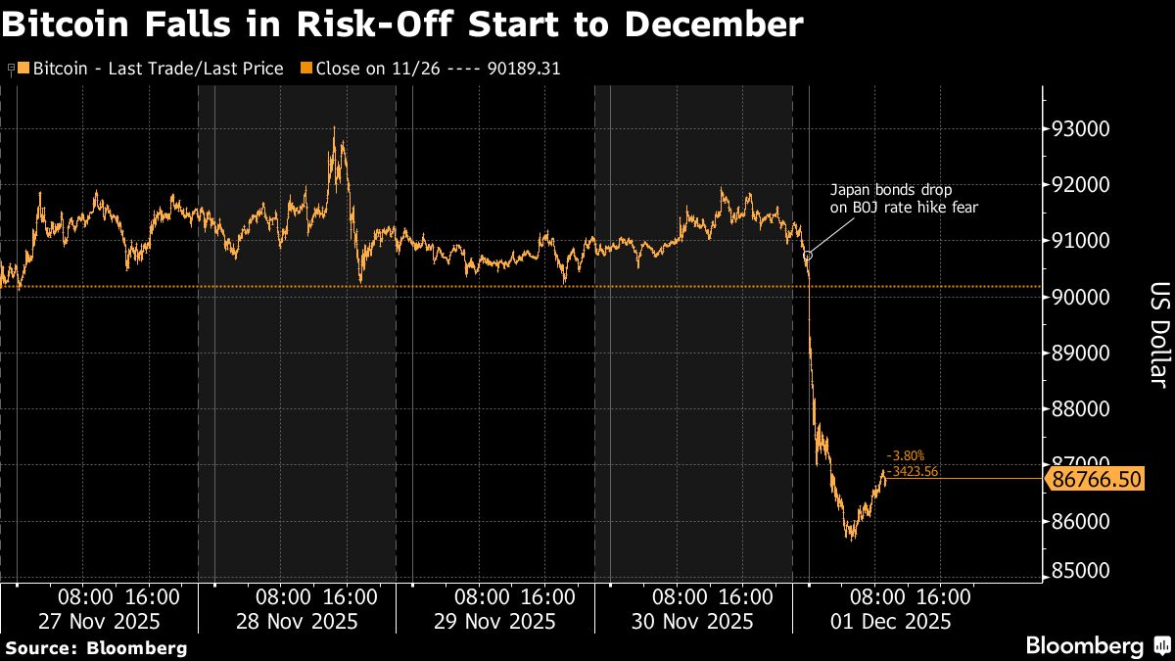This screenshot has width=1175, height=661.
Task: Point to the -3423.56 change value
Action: point(912,471)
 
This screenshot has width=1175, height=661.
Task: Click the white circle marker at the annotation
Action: point(808,256)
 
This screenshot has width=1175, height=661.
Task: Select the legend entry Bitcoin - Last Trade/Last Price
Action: point(151,69)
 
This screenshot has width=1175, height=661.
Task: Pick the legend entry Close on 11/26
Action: point(431,69)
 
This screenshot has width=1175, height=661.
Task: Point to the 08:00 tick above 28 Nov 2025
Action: point(284,596)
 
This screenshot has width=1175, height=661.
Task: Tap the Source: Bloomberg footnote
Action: point(95,647)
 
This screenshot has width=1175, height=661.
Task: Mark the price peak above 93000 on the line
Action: point(334,127)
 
